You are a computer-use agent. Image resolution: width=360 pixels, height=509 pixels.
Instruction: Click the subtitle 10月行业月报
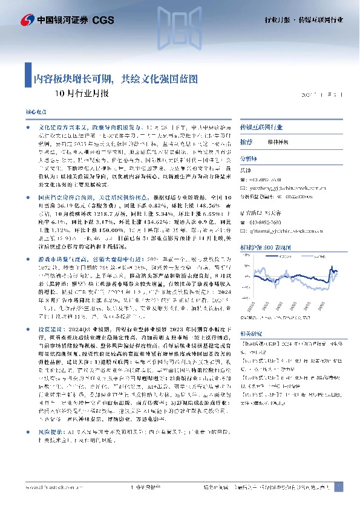coord(82,94)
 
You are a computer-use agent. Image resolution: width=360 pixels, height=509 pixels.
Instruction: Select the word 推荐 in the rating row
coord(246,141)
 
